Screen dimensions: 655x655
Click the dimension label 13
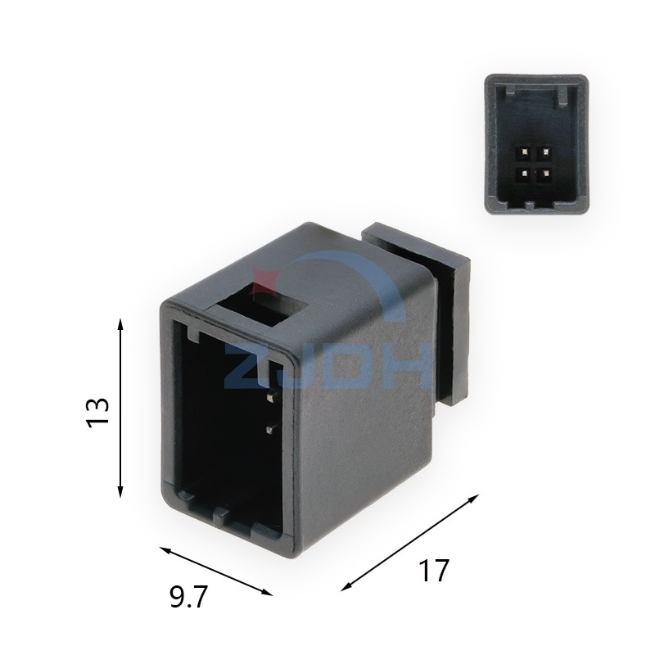pos(97,410)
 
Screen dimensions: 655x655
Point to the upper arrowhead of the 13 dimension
pos(121,324)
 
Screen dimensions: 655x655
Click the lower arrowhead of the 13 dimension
pos(121,493)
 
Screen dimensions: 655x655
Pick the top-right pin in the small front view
pos(542,151)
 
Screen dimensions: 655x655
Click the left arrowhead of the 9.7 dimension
pos(162,548)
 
